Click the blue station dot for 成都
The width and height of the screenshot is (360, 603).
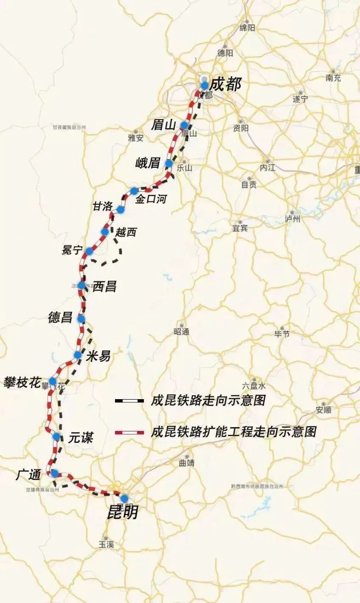(x=204, y=86)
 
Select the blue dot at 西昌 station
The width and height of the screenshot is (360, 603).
(x=81, y=286)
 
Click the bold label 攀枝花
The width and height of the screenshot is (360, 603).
(x=22, y=382)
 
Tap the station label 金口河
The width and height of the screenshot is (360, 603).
(x=152, y=199)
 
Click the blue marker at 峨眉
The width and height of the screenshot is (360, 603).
(x=169, y=163)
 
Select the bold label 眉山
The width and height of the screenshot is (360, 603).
(x=163, y=125)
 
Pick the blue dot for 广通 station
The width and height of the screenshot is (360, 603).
(x=55, y=473)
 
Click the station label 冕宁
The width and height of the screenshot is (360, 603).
(x=72, y=250)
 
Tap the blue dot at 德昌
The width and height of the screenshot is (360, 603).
(x=81, y=319)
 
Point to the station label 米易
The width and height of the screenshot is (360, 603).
(x=99, y=356)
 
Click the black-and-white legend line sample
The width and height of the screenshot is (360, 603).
(x=129, y=401)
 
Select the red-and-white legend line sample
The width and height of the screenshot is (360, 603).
(x=129, y=432)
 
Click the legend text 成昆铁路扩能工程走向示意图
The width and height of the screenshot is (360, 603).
(x=233, y=432)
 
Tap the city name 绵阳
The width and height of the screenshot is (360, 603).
(x=247, y=28)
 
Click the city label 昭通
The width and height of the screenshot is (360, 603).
(x=181, y=332)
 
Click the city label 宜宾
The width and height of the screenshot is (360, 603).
(x=240, y=228)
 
